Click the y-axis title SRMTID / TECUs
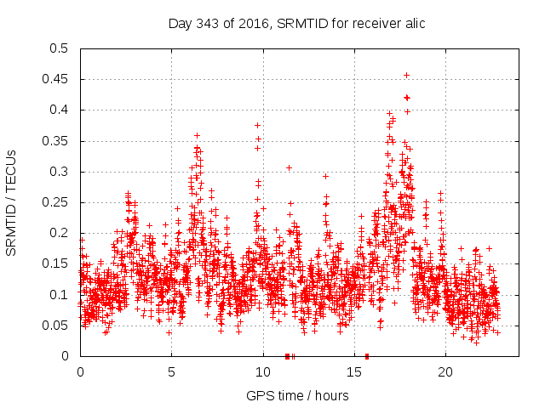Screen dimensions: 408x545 click(x=11, y=202)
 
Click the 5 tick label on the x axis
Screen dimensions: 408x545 click(x=171, y=371)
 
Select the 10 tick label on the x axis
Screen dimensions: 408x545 click(x=262, y=371)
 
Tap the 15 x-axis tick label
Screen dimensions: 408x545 click(x=353, y=371)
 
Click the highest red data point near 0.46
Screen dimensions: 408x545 click(x=406, y=75)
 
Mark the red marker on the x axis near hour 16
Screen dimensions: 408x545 click(x=367, y=355)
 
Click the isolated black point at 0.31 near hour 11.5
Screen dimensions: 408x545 click(x=290, y=167)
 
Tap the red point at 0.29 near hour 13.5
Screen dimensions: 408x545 click(x=325, y=176)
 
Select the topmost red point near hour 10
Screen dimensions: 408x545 click(x=257, y=125)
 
